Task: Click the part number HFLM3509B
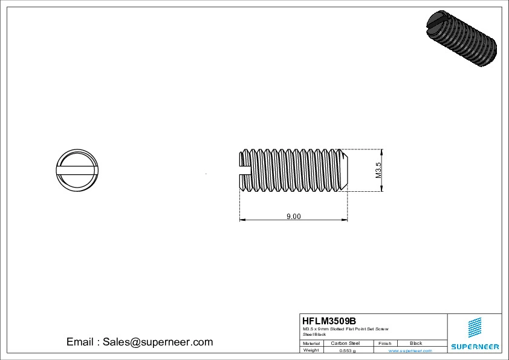pos(329,321)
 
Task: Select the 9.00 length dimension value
pos(293,217)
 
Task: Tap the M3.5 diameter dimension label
pos(379,170)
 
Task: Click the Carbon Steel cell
pos(345,343)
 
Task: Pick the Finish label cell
pos(384,343)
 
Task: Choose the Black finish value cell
pos(416,343)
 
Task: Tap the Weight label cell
pos(311,350)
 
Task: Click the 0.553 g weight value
pos(347,350)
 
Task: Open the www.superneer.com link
pos(410,350)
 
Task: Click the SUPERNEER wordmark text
pos(475,347)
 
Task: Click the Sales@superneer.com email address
pos(157,342)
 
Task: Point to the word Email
pos(79,342)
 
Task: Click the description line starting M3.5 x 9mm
pos(345,329)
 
